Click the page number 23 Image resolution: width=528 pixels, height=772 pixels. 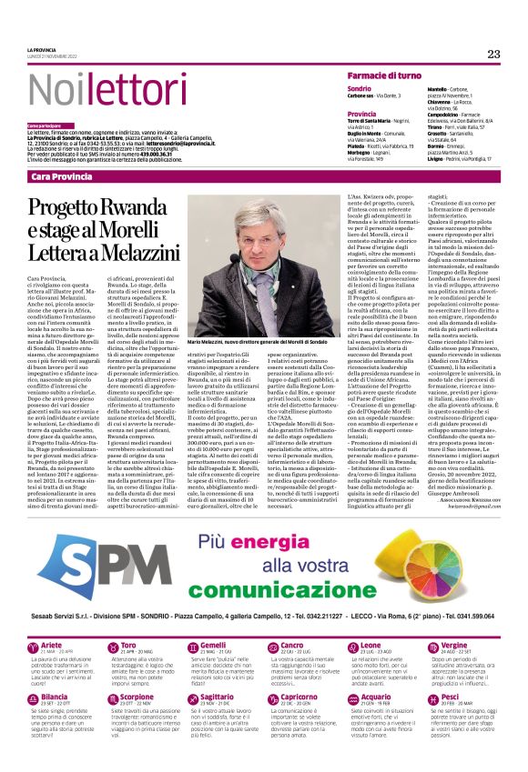click(x=493, y=54)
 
